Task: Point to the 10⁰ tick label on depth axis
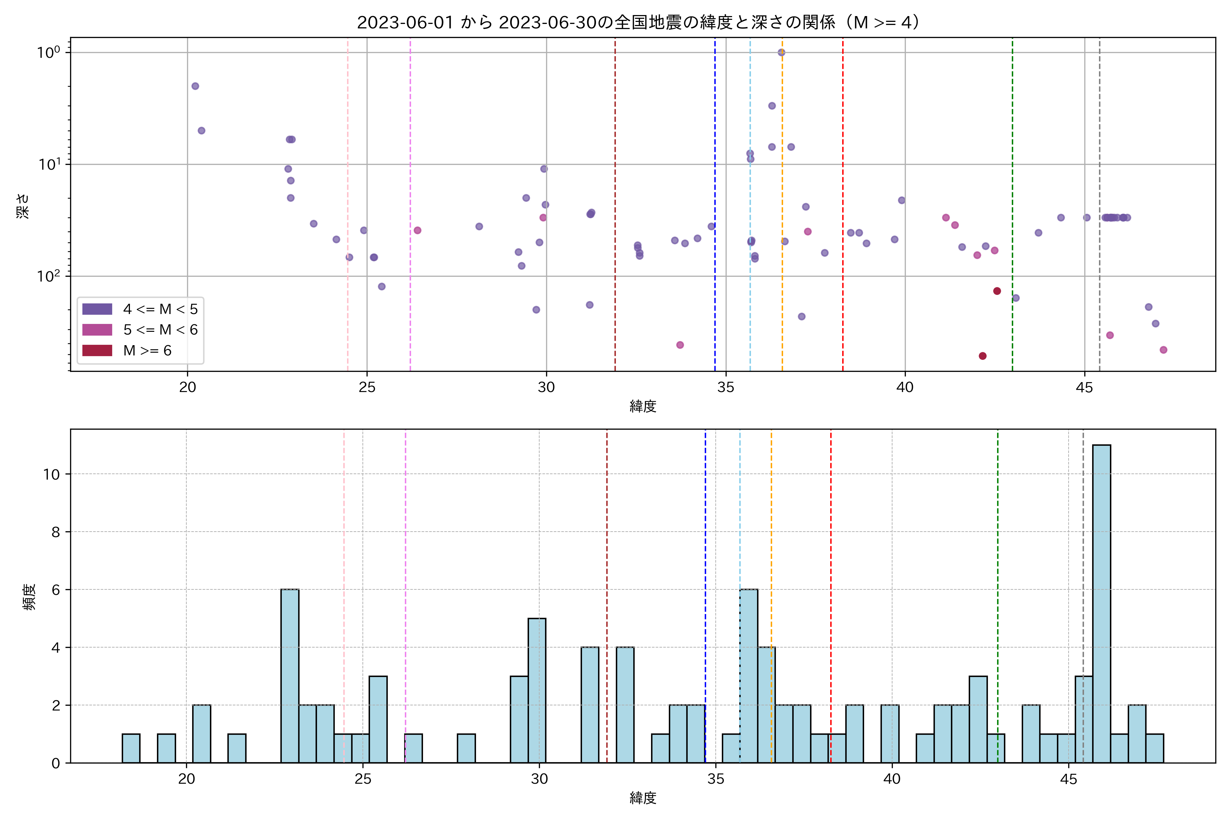[48, 52]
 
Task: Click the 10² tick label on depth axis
[48, 276]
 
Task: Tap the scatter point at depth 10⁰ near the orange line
[781, 52]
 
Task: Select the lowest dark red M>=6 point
[982, 356]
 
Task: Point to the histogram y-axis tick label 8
[55, 532]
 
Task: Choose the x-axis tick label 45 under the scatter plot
[1084, 388]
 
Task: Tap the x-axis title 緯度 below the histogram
[643, 798]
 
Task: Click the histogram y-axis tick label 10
[51, 474]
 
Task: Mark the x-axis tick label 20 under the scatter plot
[187, 388]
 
